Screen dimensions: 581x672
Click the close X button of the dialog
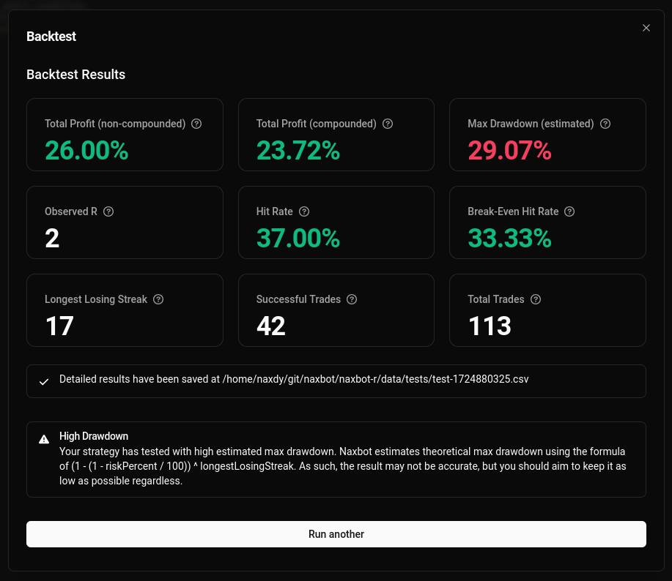pyautogui.click(x=646, y=28)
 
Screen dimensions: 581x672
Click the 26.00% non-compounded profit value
pyautogui.click(x=86, y=151)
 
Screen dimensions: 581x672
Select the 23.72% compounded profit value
pyautogui.click(x=298, y=151)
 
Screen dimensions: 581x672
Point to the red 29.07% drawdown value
pyautogui.click(x=509, y=151)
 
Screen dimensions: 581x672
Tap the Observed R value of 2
pyautogui.click(x=52, y=239)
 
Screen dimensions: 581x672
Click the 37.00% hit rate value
pyautogui.click(x=298, y=239)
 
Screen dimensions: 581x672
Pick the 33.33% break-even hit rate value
pyautogui.click(x=509, y=239)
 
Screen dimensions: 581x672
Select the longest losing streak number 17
pyautogui.click(x=59, y=326)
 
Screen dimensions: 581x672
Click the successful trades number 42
pyautogui.click(x=271, y=326)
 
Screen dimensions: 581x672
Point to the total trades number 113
pyautogui.click(x=490, y=326)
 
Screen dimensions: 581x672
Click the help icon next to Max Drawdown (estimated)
pyautogui.click(x=605, y=124)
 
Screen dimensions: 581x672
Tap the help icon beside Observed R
pyautogui.click(x=108, y=211)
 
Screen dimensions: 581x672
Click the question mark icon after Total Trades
pyautogui.click(x=536, y=299)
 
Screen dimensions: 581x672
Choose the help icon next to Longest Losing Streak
pyautogui.click(x=158, y=299)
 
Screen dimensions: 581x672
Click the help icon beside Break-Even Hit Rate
pyautogui.click(x=569, y=211)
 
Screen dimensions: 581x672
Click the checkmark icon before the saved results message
pyautogui.click(x=44, y=381)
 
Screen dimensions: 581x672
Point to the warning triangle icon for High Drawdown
pyautogui.click(x=44, y=439)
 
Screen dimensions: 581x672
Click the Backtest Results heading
pyautogui.click(x=75, y=75)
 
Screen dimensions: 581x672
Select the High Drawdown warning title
pyautogui.click(x=94, y=436)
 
